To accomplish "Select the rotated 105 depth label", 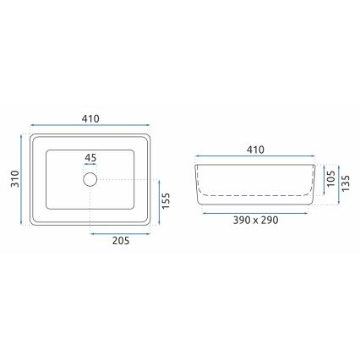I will tap(330, 177).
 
